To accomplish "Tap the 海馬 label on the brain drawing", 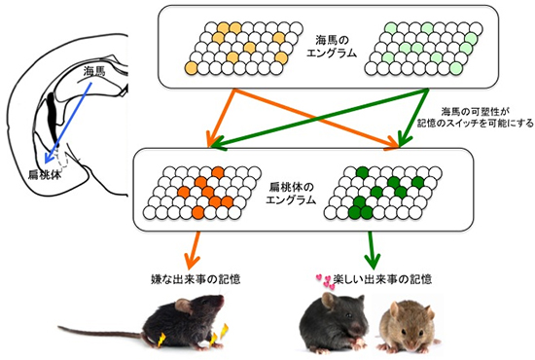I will [94, 71].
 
